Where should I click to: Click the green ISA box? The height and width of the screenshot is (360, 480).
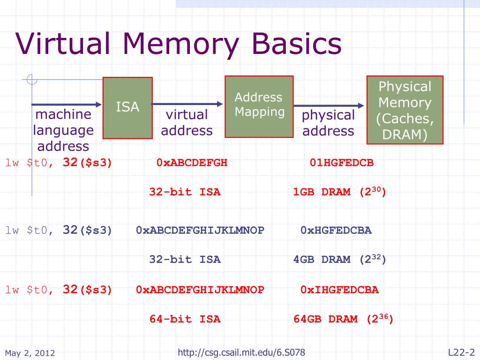(127, 108)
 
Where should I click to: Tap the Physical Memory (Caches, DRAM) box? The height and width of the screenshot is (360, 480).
(405, 110)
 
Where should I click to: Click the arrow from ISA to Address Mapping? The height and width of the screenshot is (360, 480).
(187, 104)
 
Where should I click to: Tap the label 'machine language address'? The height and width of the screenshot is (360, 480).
(63, 130)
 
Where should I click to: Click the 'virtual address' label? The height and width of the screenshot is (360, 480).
(187, 122)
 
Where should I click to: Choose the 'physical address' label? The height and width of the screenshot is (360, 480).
(328, 123)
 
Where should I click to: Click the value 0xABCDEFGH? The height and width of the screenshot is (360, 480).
(192, 163)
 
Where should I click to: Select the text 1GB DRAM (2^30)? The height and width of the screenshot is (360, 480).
(339, 192)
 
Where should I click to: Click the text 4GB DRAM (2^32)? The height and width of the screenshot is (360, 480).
(339, 259)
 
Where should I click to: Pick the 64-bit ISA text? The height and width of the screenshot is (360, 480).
(185, 320)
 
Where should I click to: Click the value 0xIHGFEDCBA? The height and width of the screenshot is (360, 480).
(339, 290)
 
